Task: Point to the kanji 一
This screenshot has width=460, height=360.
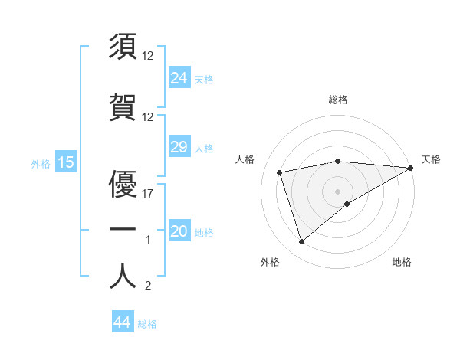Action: click(123, 229)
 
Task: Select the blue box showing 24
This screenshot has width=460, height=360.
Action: click(179, 78)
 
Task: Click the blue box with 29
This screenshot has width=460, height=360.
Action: click(179, 147)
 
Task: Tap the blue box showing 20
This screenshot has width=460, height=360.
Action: click(179, 231)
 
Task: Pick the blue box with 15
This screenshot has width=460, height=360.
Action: click(65, 162)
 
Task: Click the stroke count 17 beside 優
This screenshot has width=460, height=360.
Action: click(149, 194)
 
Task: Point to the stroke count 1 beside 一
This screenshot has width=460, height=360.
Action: click(149, 240)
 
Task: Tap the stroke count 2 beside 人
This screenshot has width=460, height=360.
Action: click(149, 286)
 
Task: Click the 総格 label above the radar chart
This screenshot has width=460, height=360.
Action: click(338, 100)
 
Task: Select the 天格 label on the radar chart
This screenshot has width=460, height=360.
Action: click(431, 159)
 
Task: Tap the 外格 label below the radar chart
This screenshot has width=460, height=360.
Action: click(270, 262)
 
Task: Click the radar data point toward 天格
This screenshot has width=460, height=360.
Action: click(411, 168)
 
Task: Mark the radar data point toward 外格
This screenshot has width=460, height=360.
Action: click(301, 242)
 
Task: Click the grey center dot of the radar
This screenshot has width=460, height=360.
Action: click(338, 191)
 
